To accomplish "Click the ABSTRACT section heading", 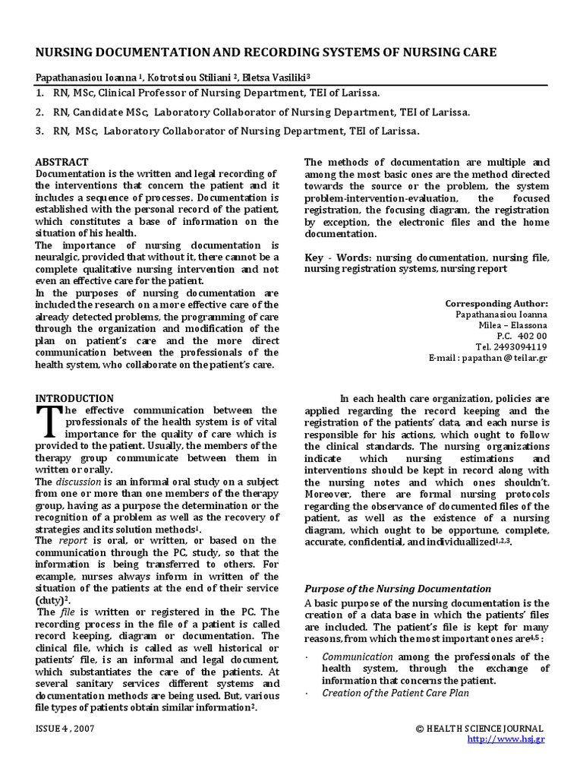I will click(62, 162).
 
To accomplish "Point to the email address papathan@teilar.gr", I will click(487, 358).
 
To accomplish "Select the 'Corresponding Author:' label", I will click(496, 303).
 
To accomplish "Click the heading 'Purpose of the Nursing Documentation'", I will click(398, 589).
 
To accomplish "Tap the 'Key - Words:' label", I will click(338, 258).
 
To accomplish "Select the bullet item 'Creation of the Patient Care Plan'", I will click(395, 693).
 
